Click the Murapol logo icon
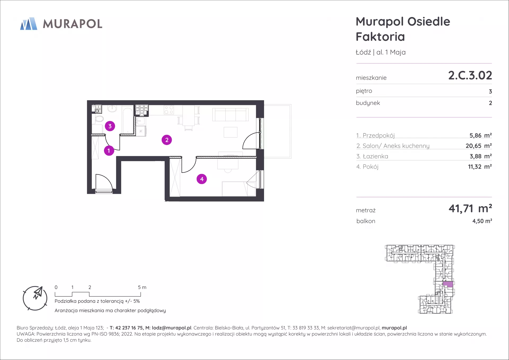pyautogui.click(x=29, y=24)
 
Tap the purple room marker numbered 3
pyautogui.click(x=110, y=126)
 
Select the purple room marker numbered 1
pyautogui.click(x=109, y=151)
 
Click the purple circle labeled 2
pyautogui.click(x=167, y=140)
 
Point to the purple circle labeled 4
pyautogui.click(x=202, y=179)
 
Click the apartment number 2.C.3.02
pyautogui.click(x=470, y=75)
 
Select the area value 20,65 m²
pyautogui.click(x=479, y=146)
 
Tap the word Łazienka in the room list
pyautogui.click(x=375, y=156)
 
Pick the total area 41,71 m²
pyautogui.click(x=470, y=208)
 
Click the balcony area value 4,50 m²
pyautogui.click(x=482, y=221)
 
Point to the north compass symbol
pyautogui.click(x=35, y=298)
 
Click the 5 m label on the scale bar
pyautogui.click(x=142, y=287)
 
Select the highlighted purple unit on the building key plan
pyautogui.click(x=448, y=284)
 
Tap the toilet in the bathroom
pyautogui.click(x=99, y=119)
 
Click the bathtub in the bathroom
pyautogui.click(x=128, y=120)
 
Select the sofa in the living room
pyautogui.click(x=231, y=115)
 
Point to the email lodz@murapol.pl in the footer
pyautogui.click(x=172, y=328)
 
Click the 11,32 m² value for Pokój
pyautogui.click(x=480, y=167)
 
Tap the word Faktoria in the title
pyautogui.click(x=380, y=37)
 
